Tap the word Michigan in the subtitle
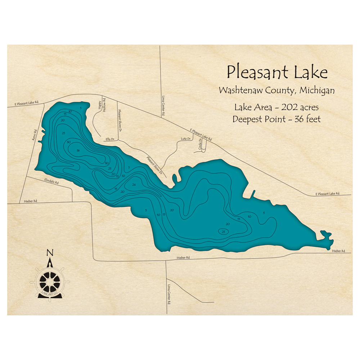tap(315, 90)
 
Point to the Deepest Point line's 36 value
tap(295, 119)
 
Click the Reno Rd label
tap(35, 135)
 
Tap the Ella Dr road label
tap(110, 139)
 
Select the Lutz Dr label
tap(185, 138)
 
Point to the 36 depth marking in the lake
tap(78, 150)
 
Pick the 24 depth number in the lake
tap(134, 185)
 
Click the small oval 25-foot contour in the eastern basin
tap(224, 231)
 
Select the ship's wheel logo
tap(50, 281)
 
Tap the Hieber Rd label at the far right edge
tap(339, 251)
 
